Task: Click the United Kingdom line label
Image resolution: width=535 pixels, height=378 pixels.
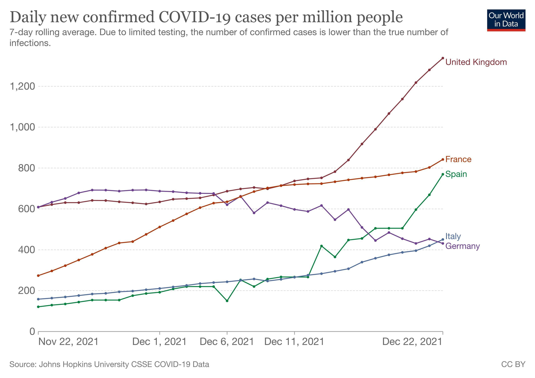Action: tap(476, 62)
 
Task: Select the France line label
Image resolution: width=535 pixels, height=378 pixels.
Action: tap(458, 160)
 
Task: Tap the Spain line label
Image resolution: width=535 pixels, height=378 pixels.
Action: tap(456, 175)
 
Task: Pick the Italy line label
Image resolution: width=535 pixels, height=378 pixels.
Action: tap(453, 236)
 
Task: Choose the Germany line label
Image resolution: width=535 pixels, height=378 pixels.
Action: tap(463, 246)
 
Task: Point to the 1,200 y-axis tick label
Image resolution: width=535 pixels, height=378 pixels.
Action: tap(22, 86)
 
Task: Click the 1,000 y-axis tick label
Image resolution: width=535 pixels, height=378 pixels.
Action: tap(22, 127)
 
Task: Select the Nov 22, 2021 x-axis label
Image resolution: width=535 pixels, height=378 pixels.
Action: tap(68, 342)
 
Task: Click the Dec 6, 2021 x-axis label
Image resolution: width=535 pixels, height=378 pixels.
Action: tap(227, 342)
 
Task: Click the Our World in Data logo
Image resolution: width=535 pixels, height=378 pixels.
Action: tap(506, 20)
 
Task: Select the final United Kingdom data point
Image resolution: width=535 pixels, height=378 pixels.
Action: tap(443, 58)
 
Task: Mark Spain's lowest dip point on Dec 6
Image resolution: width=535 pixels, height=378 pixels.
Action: tap(227, 301)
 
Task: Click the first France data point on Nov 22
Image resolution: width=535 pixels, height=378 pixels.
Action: tap(38, 275)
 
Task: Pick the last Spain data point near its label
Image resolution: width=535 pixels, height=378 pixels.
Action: tap(443, 174)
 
